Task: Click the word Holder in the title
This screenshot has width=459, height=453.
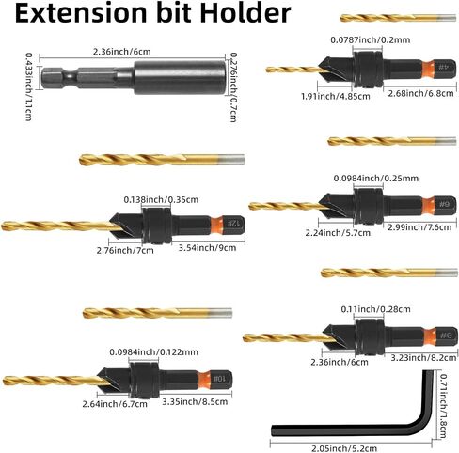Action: (x=245, y=12)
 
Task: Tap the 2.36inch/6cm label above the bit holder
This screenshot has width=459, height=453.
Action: (x=122, y=51)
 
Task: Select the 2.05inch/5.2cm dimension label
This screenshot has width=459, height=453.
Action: (x=344, y=448)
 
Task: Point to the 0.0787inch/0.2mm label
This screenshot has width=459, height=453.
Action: (x=371, y=39)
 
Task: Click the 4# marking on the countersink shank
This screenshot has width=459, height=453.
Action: (x=442, y=68)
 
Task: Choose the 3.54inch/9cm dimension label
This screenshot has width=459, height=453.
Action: (x=207, y=248)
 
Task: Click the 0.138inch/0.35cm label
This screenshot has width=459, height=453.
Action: (x=161, y=199)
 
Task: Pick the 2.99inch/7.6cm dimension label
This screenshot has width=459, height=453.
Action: (x=419, y=227)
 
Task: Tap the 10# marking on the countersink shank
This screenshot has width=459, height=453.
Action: (x=219, y=379)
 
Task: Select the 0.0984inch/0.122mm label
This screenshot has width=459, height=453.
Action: (x=153, y=351)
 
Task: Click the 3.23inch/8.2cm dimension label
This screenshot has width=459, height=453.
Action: (x=423, y=357)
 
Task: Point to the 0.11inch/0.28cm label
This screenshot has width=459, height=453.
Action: (x=375, y=309)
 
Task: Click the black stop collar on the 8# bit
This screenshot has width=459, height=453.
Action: (x=371, y=337)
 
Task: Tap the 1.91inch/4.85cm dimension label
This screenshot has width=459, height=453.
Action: (x=336, y=96)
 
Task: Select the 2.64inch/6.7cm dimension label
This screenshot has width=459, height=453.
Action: (x=115, y=404)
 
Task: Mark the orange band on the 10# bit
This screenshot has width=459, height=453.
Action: (x=204, y=380)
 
